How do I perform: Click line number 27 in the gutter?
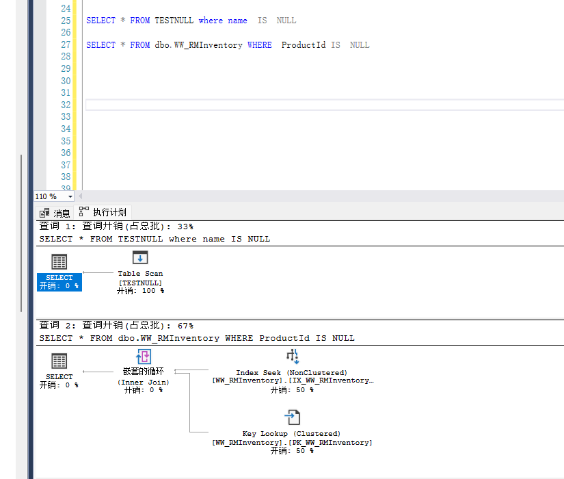click(x=66, y=44)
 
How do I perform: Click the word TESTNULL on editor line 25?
click(x=174, y=21)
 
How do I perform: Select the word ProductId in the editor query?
click(x=304, y=45)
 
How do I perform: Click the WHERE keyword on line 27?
click(x=259, y=45)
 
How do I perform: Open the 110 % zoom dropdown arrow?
click(x=70, y=196)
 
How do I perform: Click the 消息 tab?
click(x=55, y=213)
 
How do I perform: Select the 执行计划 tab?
click(x=103, y=212)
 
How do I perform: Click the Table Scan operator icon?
click(x=140, y=258)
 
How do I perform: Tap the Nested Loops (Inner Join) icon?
click(x=144, y=357)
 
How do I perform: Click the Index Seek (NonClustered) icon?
click(x=293, y=357)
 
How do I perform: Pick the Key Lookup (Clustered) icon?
click(x=293, y=417)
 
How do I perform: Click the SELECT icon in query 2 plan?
click(x=59, y=361)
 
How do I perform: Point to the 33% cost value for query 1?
click(x=185, y=226)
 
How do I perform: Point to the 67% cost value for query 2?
click(x=185, y=326)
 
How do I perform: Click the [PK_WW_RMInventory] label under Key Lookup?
click(x=330, y=443)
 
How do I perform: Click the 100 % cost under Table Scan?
click(x=153, y=291)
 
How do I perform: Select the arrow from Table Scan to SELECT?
click(x=98, y=272)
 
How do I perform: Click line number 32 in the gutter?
click(x=66, y=105)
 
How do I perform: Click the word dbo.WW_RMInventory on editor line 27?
click(x=198, y=45)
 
